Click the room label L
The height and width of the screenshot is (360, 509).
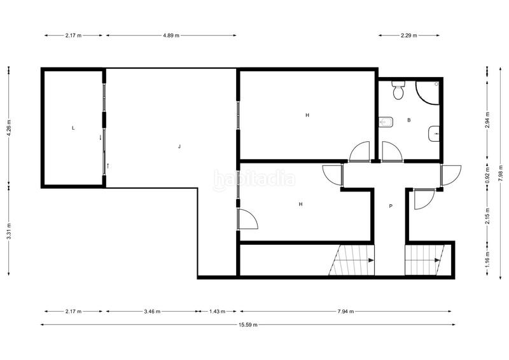73,128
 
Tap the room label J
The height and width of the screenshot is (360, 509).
179,147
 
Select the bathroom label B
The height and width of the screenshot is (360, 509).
408,120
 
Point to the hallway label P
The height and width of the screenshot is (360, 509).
391,206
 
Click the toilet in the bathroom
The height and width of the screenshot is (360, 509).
399,91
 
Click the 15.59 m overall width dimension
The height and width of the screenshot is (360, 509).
248,325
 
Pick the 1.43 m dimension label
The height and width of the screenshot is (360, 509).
218,311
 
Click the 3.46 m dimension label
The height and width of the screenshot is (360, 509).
153,311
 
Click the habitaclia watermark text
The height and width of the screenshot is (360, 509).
254,179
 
